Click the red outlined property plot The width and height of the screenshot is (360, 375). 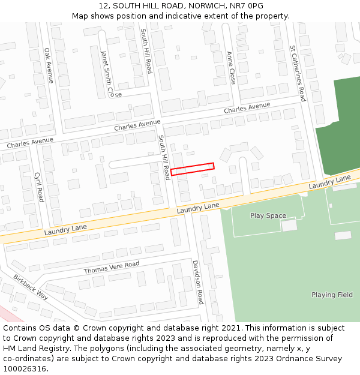point(192,169)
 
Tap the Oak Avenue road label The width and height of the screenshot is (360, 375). point(49,65)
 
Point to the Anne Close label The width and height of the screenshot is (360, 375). point(232,67)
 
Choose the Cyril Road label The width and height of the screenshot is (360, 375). point(39,187)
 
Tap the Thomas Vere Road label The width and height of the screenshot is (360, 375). point(111,268)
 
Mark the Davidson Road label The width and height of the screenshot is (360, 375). point(198,281)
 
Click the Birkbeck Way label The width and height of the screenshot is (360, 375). point(31,286)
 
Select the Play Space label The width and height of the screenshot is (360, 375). point(268,215)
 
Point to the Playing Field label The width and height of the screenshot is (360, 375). point(332,295)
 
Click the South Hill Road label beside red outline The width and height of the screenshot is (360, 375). point(164,157)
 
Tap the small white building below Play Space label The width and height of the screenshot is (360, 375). point(289,225)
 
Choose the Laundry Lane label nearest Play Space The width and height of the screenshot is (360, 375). point(198,208)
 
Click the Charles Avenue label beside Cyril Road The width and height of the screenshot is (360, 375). point(30,143)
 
